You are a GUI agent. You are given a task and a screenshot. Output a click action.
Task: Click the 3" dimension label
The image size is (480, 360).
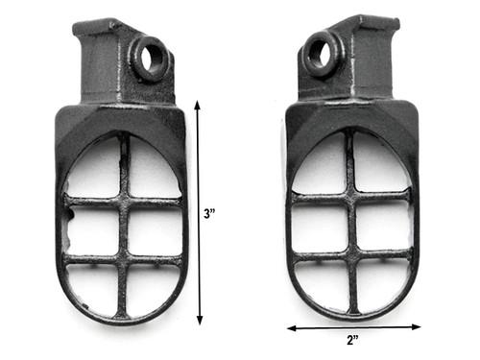pos(210,213)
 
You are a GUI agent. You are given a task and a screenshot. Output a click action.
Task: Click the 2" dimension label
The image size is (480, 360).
pos(352,340)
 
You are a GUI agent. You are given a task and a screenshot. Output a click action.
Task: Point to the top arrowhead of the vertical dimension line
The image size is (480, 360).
pos(198,105)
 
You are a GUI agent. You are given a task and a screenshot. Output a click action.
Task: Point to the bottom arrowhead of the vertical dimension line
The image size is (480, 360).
pos(200,320)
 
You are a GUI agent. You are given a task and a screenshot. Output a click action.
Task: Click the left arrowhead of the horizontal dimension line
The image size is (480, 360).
pos(292,328)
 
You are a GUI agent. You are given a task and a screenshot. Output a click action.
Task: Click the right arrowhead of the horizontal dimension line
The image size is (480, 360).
pos(417,326)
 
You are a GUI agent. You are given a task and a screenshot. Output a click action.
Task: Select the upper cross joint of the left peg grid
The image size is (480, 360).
pos(125,202)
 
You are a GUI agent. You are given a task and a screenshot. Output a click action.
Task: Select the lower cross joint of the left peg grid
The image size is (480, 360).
pos(123,258)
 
